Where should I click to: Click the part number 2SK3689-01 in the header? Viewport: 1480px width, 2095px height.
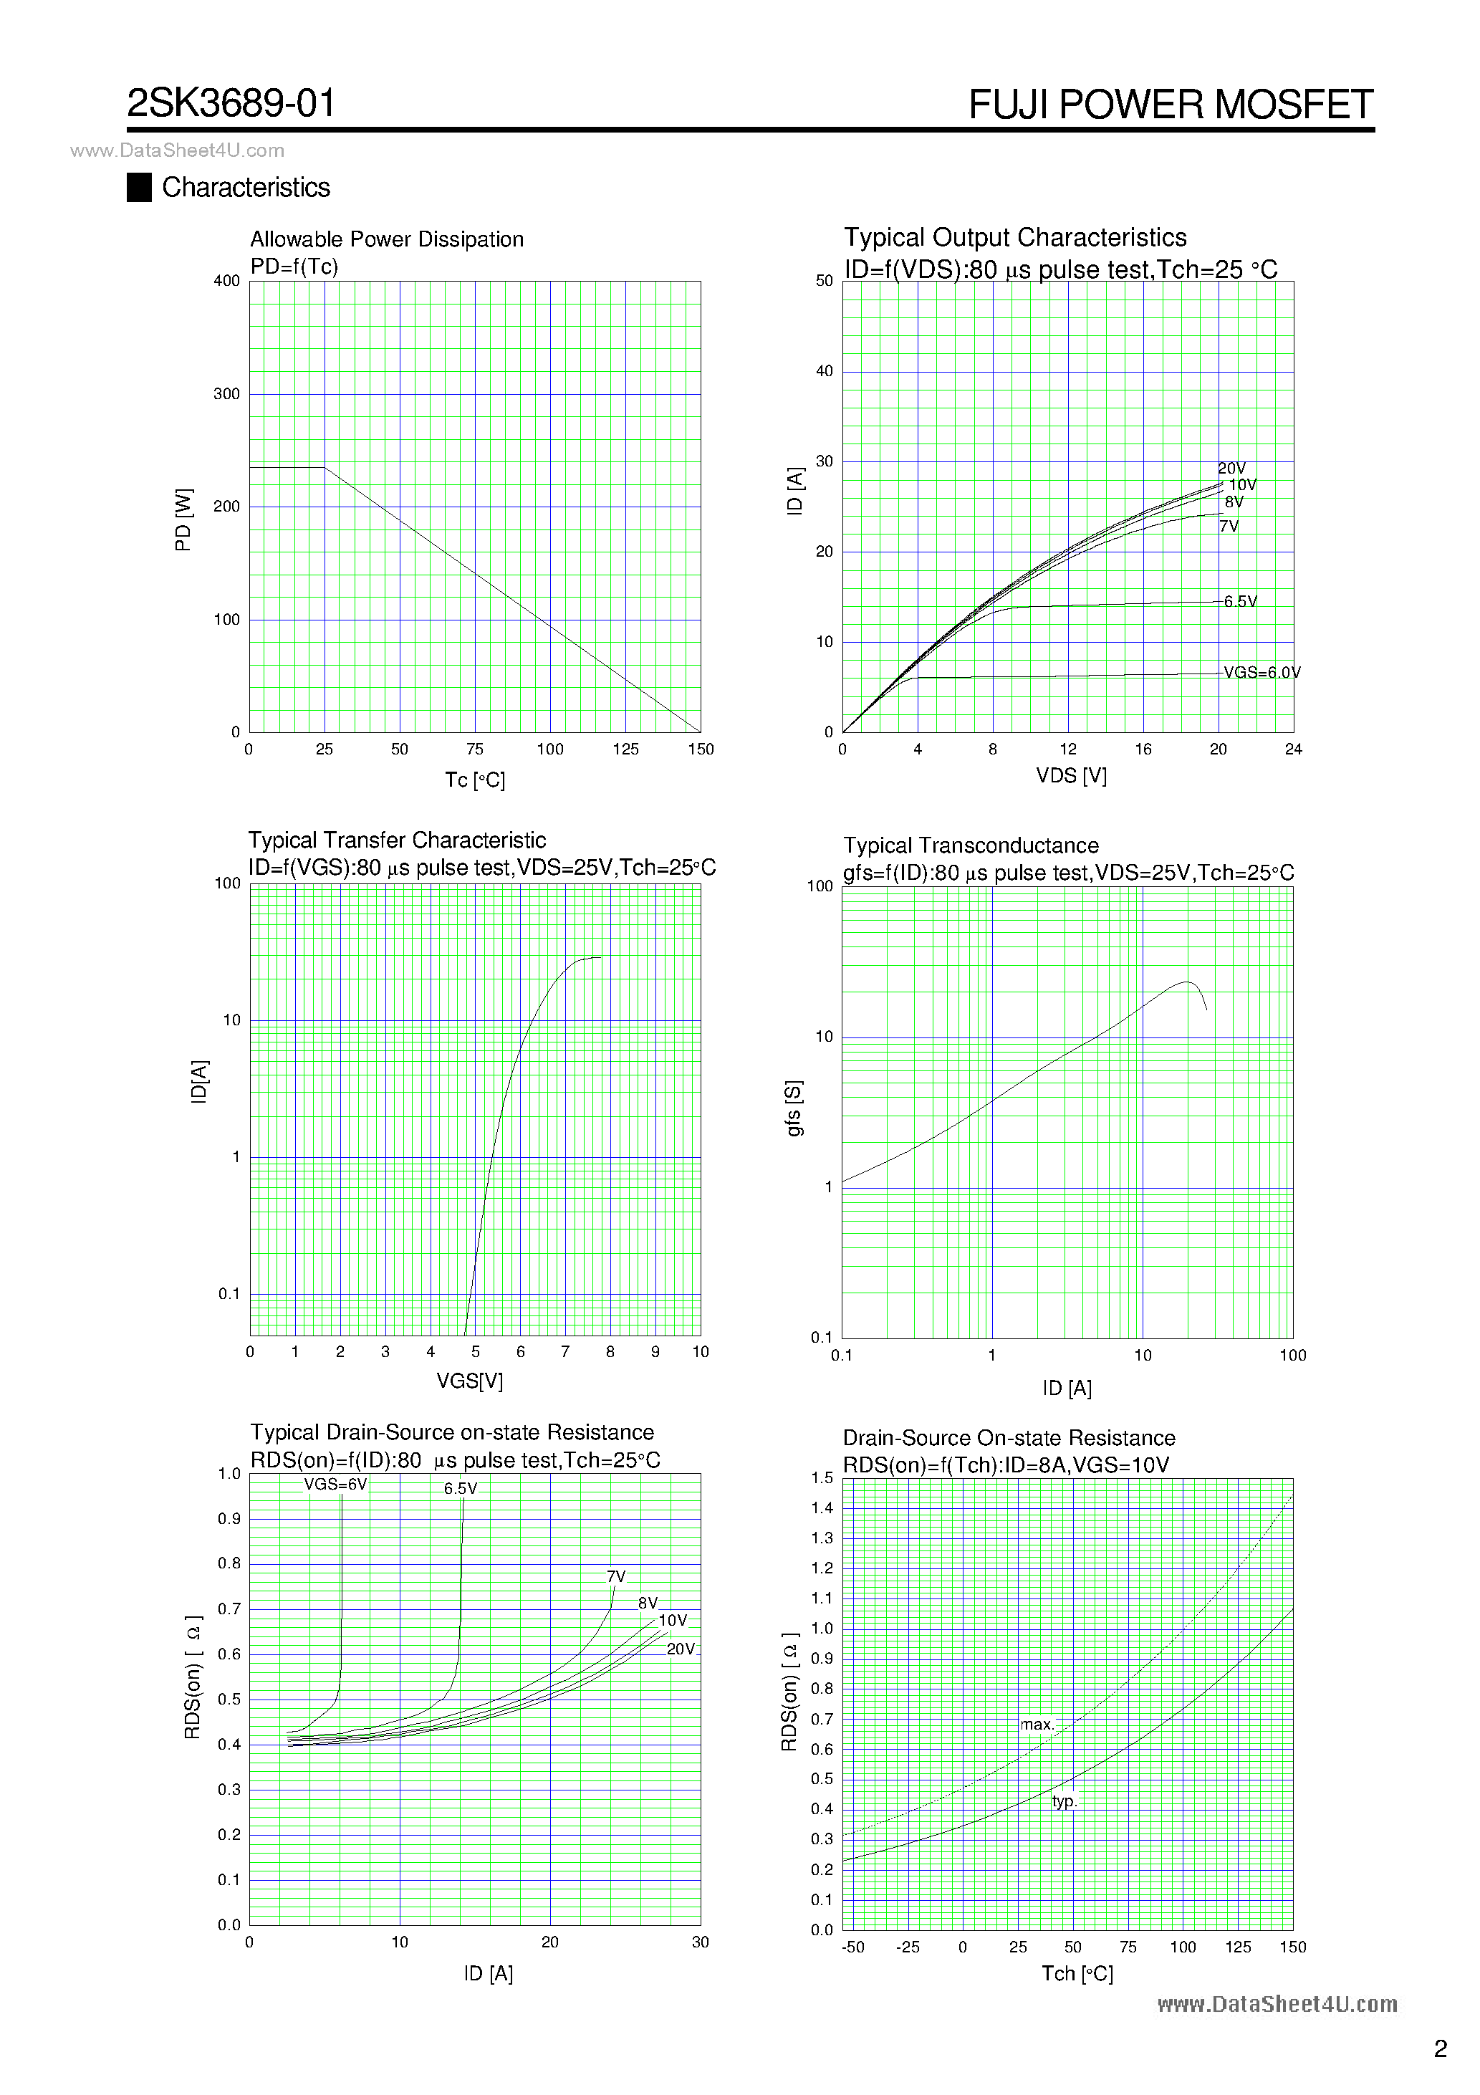coord(231,103)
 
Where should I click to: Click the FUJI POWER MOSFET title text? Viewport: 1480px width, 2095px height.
coord(1171,105)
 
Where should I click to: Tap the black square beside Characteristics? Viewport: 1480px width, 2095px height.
coord(139,187)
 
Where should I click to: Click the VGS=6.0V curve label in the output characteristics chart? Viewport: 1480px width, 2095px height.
coord(1262,673)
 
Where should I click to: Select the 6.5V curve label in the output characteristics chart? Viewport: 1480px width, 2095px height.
coord(1240,601)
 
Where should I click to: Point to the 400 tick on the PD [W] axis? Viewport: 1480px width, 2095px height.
coord(226,281)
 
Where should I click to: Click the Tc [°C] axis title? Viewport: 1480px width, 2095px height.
coord(474,780)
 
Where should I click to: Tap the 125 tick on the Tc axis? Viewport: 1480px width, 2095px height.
coord(625,749)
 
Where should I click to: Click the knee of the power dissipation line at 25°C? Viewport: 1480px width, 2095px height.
coord(325,468)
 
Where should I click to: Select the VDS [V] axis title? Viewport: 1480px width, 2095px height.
coord(1071,775)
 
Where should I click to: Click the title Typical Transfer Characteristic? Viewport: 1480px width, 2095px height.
coord(397,840)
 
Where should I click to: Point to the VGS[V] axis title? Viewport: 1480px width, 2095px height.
coord(469,1381)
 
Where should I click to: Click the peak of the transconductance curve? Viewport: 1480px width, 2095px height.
coord(1186,983)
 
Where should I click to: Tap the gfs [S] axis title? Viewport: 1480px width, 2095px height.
coord(794,1108)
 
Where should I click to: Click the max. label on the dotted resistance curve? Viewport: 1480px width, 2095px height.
coord(1037,1725)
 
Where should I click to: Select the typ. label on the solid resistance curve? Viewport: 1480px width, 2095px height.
coord(1064,1801)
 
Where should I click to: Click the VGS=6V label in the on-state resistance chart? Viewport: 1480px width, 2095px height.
coord(335,1485)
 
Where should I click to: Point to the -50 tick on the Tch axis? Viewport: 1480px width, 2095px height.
coord(852,1947)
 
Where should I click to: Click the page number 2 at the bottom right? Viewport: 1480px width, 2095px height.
coord(1440,2048)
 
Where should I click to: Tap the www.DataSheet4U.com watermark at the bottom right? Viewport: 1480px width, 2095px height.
coord(1277,2004)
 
